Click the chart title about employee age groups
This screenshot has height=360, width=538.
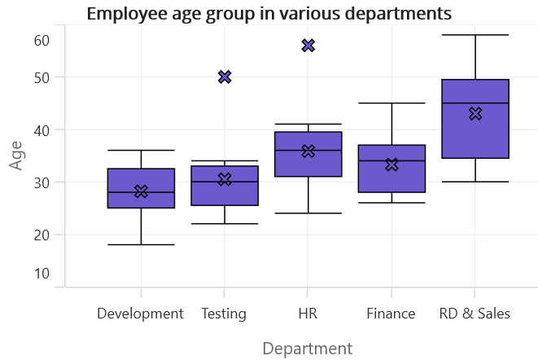point(269,15)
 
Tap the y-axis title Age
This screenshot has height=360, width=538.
point(15,156)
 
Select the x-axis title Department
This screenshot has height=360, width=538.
point(308,349)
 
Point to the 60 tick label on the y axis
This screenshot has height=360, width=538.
point(42,41)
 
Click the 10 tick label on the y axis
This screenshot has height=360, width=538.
point(42,274)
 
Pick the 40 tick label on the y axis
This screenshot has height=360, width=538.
point(42,130)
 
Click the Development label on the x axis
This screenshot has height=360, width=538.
point(140,314)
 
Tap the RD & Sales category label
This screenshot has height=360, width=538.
point(475,314)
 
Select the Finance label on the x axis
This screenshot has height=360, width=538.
point(391,314)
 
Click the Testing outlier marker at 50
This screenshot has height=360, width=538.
point(225,77)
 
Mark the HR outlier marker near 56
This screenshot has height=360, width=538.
point(308,46)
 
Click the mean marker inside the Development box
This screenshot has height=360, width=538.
point(141,191)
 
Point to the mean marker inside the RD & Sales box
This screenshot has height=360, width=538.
point(475,114)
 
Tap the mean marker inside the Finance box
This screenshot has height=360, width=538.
point(391,165)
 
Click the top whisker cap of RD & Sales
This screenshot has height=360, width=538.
point(475,35)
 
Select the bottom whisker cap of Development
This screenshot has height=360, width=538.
point(141,244)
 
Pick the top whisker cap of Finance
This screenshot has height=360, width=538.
point(391,103)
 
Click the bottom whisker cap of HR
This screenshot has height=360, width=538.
point(308,213)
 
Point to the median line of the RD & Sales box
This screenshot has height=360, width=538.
point(475,103)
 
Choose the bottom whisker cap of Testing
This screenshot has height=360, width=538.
point(225,224)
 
